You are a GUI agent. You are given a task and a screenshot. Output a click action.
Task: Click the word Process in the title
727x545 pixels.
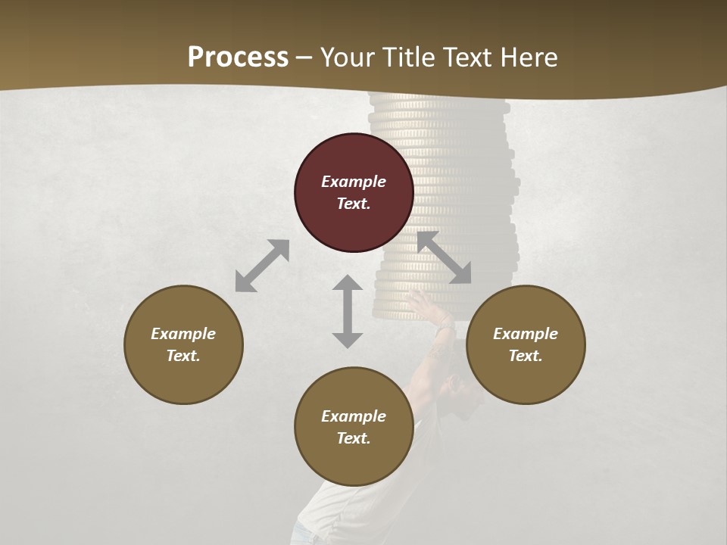(238, 57)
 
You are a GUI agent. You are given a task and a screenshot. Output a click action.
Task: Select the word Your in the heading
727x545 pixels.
(347, 57)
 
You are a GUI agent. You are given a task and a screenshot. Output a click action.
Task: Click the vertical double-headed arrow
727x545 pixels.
(348, 311)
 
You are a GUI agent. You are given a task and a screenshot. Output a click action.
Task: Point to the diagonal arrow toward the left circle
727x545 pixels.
(262, 266)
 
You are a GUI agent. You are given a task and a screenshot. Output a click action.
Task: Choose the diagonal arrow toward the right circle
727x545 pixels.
(445, 257)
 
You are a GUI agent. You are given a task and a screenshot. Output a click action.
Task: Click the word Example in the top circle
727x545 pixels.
(354, 182)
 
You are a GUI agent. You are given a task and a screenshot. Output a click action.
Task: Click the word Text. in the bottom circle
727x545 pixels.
(354, 438)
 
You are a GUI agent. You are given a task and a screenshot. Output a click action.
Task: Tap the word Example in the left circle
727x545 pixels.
(183, 334)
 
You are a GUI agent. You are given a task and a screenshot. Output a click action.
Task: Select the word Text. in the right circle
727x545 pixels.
(526, 356)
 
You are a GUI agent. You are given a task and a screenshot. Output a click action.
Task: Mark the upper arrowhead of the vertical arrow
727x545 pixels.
(348, 284)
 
